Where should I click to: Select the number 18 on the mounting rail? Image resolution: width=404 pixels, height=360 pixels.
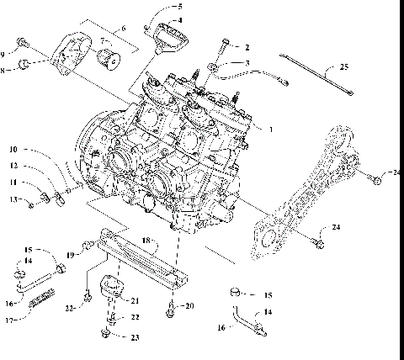click(x=146, y=241)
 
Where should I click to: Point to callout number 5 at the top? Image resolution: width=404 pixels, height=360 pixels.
click(x=178, y=6)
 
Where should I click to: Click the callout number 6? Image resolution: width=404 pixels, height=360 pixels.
click(x=124, y=29)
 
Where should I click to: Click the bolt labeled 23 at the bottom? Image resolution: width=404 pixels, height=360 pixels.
click(x=106, y=335)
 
